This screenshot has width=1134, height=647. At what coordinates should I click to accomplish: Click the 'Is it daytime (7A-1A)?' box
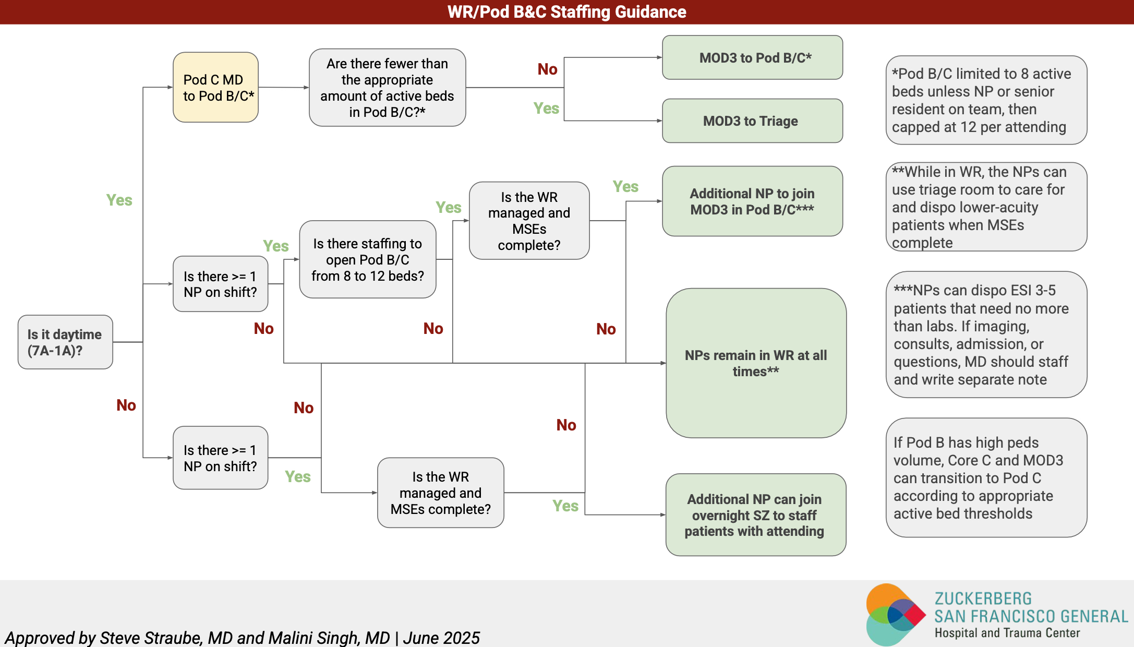tap(65, 342)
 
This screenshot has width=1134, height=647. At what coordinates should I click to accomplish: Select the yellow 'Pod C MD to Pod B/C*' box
tap(215, 87)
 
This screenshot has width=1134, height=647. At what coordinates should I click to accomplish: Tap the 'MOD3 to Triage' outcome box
tap(752, 121)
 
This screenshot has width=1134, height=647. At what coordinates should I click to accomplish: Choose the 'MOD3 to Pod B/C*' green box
tap(752, 57)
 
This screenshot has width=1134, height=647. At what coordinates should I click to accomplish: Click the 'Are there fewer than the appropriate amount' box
tap(387, 88)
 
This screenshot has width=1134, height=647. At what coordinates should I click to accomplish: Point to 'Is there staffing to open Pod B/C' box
tap(368, 259)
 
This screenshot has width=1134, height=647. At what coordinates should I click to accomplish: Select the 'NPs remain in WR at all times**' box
tap(756, 363)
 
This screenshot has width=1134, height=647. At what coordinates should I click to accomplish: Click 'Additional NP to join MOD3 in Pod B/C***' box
tap(752, 201)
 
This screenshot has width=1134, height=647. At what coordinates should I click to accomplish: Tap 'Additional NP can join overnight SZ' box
tap(756, 515)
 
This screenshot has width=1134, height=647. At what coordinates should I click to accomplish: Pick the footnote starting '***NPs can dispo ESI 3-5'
tap(986, 334)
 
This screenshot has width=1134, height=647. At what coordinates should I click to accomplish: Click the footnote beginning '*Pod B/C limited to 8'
tap(986, 100)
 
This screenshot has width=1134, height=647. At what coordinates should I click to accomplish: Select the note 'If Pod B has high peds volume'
tap(986, 477)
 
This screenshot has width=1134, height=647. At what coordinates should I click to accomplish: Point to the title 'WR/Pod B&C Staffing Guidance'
tap(567, 11)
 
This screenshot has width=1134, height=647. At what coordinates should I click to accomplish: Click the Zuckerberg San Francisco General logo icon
tap(895, 614)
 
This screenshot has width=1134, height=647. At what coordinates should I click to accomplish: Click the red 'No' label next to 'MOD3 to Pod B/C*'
tap(548, 69)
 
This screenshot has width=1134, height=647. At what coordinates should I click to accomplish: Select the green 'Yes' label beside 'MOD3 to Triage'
tap(546, 108)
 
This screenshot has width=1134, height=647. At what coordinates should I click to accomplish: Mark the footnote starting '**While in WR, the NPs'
tap(986, 207)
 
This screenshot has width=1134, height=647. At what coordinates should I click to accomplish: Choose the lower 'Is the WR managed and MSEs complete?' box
tap(441, 493)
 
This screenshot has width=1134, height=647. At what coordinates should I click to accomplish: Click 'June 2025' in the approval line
tap(441, 638)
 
